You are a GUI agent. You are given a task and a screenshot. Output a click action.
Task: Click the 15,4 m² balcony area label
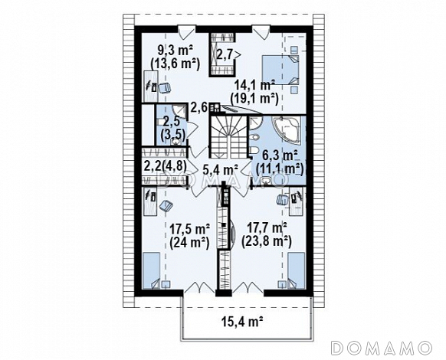coord(241,322)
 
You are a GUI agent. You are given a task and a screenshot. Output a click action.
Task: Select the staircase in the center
coord(228,136)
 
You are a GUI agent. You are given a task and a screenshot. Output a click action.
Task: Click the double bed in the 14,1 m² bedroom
coord(280,70)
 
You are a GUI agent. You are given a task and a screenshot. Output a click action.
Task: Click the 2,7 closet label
coord(224,54)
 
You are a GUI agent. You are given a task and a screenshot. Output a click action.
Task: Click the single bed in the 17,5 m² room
coord(151,270)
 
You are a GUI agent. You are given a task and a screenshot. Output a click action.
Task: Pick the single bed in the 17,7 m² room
coord(297,270)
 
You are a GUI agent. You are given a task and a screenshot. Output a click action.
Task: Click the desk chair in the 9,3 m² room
coord(164,87)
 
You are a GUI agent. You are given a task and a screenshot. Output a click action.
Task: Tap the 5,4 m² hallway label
coord(220,170)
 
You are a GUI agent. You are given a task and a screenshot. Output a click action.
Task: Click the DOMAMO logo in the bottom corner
coord(382,348)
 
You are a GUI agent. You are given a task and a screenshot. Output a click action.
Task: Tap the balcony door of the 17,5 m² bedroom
coord(199,286)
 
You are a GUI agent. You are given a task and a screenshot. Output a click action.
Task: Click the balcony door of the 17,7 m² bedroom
coord(248,286)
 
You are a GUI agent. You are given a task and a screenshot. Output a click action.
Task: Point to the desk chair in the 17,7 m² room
coord(283,200)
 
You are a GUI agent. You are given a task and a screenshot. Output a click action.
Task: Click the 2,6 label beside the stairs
coord(199,108)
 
